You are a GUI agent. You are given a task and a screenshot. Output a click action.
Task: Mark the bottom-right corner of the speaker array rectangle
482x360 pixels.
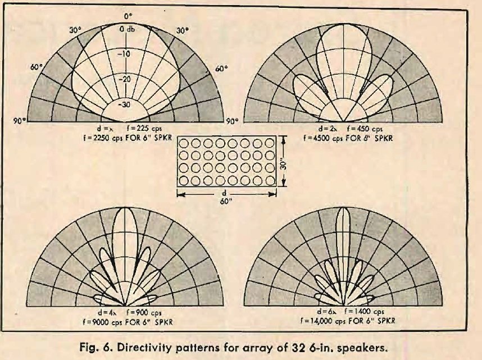[x=276, y=186]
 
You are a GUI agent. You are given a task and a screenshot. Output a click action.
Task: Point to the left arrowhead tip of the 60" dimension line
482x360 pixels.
[x=178, y=194]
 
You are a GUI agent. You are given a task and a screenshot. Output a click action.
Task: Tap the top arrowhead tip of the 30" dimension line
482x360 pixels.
[x=284, y=136]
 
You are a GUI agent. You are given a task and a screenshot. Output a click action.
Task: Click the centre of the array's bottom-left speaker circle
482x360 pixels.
[x=184, y=181]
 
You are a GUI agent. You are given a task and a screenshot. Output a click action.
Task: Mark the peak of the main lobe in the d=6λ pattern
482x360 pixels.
[x=343, y=207]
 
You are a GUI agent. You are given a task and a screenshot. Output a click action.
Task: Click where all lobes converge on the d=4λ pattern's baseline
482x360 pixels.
[x=125, y=306]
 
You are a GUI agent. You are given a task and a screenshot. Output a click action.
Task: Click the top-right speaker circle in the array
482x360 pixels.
[x=270, y=143]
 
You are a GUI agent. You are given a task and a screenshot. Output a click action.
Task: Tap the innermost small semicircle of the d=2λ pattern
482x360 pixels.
[x=343, y=110]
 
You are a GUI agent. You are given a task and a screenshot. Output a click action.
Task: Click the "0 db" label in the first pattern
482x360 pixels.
[x=126, y=29]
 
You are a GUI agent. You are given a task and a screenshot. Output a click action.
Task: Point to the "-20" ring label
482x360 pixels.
[x=125, y=79]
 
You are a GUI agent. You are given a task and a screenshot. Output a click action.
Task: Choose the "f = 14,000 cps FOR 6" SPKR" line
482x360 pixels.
[x=347, y=321]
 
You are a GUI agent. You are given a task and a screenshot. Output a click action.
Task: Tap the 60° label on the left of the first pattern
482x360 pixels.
[x=37, y=67]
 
